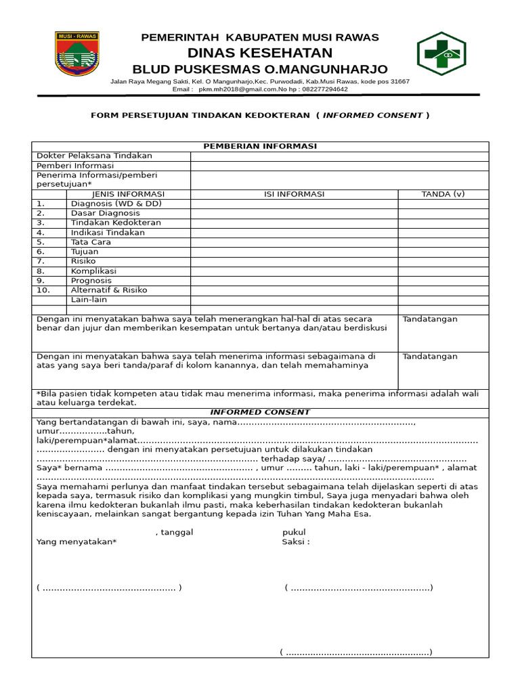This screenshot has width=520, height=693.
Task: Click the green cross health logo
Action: [x=441, y=53]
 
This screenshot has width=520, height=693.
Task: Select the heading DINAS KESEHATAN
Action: [x=260, y=53]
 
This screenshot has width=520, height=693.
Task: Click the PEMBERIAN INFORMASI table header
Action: [x=260, y=146]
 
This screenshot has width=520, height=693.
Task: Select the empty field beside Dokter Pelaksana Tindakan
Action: [x=339, y=156]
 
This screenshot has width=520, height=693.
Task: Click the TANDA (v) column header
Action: [x=443, y=194]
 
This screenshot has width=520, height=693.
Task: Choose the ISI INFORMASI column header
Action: [x=294, y=194]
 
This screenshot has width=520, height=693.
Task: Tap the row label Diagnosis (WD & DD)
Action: [x=116, y=204]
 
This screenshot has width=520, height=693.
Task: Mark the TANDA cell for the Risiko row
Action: [x=443, y=261]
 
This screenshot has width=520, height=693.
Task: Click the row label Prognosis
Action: [x=91, y=280]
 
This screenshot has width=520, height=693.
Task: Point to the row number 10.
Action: [x=44, y=290]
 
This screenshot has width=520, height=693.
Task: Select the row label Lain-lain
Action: [x=89, y=300]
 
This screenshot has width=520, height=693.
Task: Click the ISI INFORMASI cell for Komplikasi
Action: [x=294, y=271]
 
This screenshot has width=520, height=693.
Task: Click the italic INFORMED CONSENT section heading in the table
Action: [x=260, y=412]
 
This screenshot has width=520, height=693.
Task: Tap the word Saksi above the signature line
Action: [x=296, y=542]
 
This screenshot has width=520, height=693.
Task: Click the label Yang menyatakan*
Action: [x=77, y=542]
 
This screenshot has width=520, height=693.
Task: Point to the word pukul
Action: [x=294, y=533]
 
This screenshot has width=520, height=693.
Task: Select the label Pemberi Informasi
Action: [x=75, y=166]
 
